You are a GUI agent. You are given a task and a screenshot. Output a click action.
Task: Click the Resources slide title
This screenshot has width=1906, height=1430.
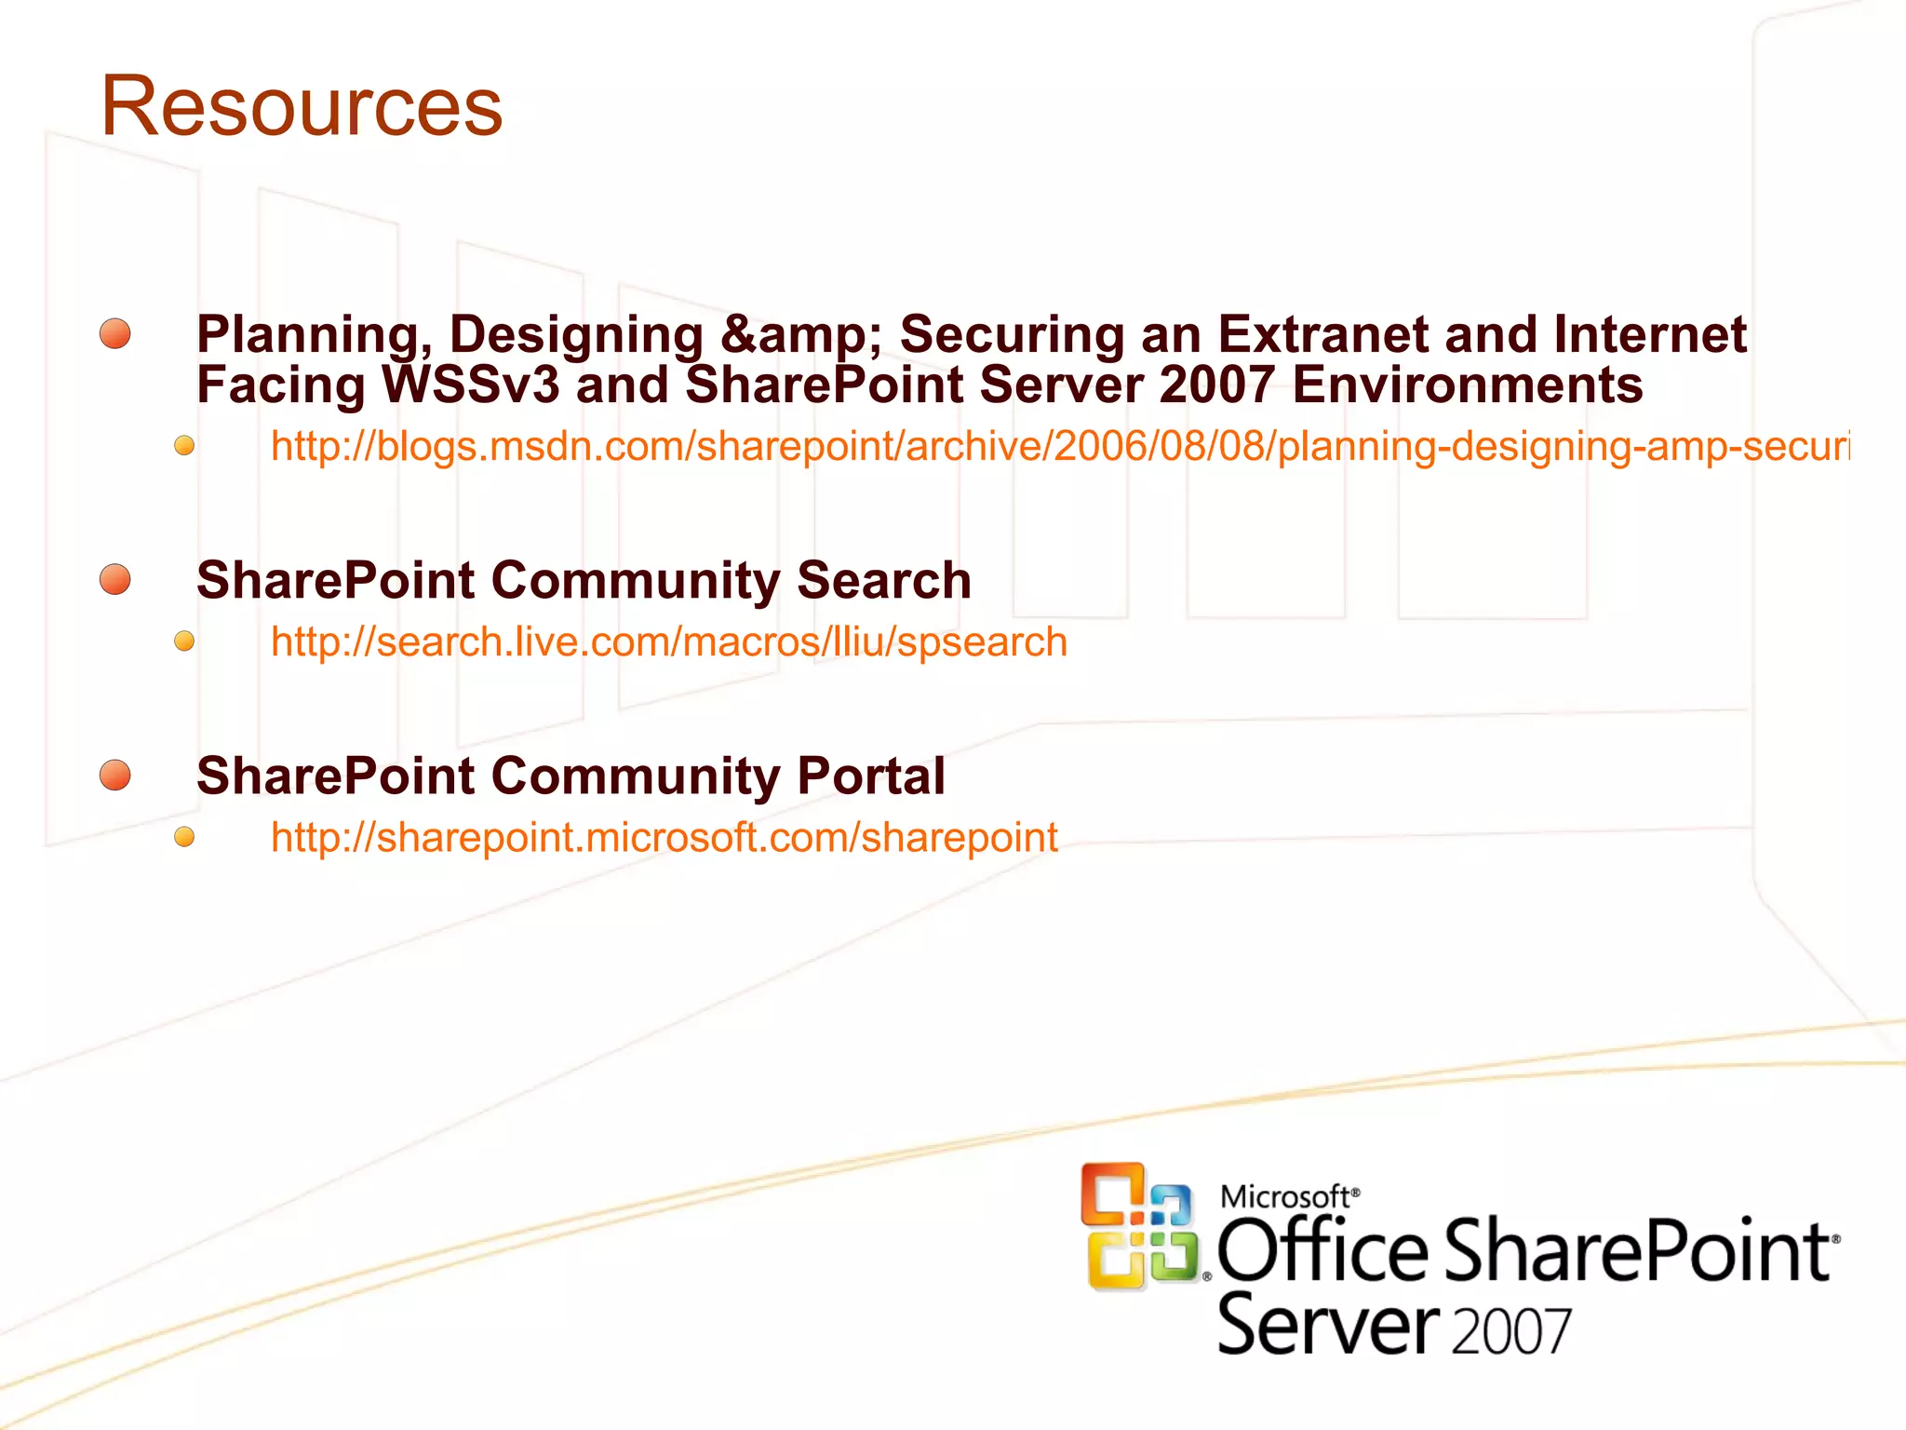[x=302, y=106]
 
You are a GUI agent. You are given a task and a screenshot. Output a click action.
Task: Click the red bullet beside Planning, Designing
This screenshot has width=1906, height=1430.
[x=115, y=333]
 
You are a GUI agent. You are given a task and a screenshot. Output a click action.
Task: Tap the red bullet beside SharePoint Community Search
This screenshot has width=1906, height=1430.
[x=115, y=579]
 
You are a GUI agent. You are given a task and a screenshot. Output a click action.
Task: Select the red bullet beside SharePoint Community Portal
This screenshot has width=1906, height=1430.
[x=115, y=775]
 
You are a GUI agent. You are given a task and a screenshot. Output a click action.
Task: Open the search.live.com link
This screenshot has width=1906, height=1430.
[x=668, y=642]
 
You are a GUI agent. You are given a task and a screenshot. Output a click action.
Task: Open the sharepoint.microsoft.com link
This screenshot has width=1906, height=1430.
[x=664, y=838]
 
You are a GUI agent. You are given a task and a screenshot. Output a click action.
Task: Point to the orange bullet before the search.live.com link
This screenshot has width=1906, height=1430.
[x=184, y=641]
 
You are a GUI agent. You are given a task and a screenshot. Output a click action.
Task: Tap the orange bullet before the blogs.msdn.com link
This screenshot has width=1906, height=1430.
[x=184, y=446]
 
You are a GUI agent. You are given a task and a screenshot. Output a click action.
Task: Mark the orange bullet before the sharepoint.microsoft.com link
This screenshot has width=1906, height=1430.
[x=184, y=837]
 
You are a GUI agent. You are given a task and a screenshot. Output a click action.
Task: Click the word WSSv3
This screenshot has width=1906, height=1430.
[x=471, y=385]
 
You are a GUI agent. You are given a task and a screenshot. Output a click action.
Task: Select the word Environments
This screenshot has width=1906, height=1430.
[x=1467, y=385]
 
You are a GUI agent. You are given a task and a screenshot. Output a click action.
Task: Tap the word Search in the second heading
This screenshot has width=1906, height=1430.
[x=883, y=581]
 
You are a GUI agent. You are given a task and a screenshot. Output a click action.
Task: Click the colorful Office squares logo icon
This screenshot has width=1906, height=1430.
[x=1139, y=1226]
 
